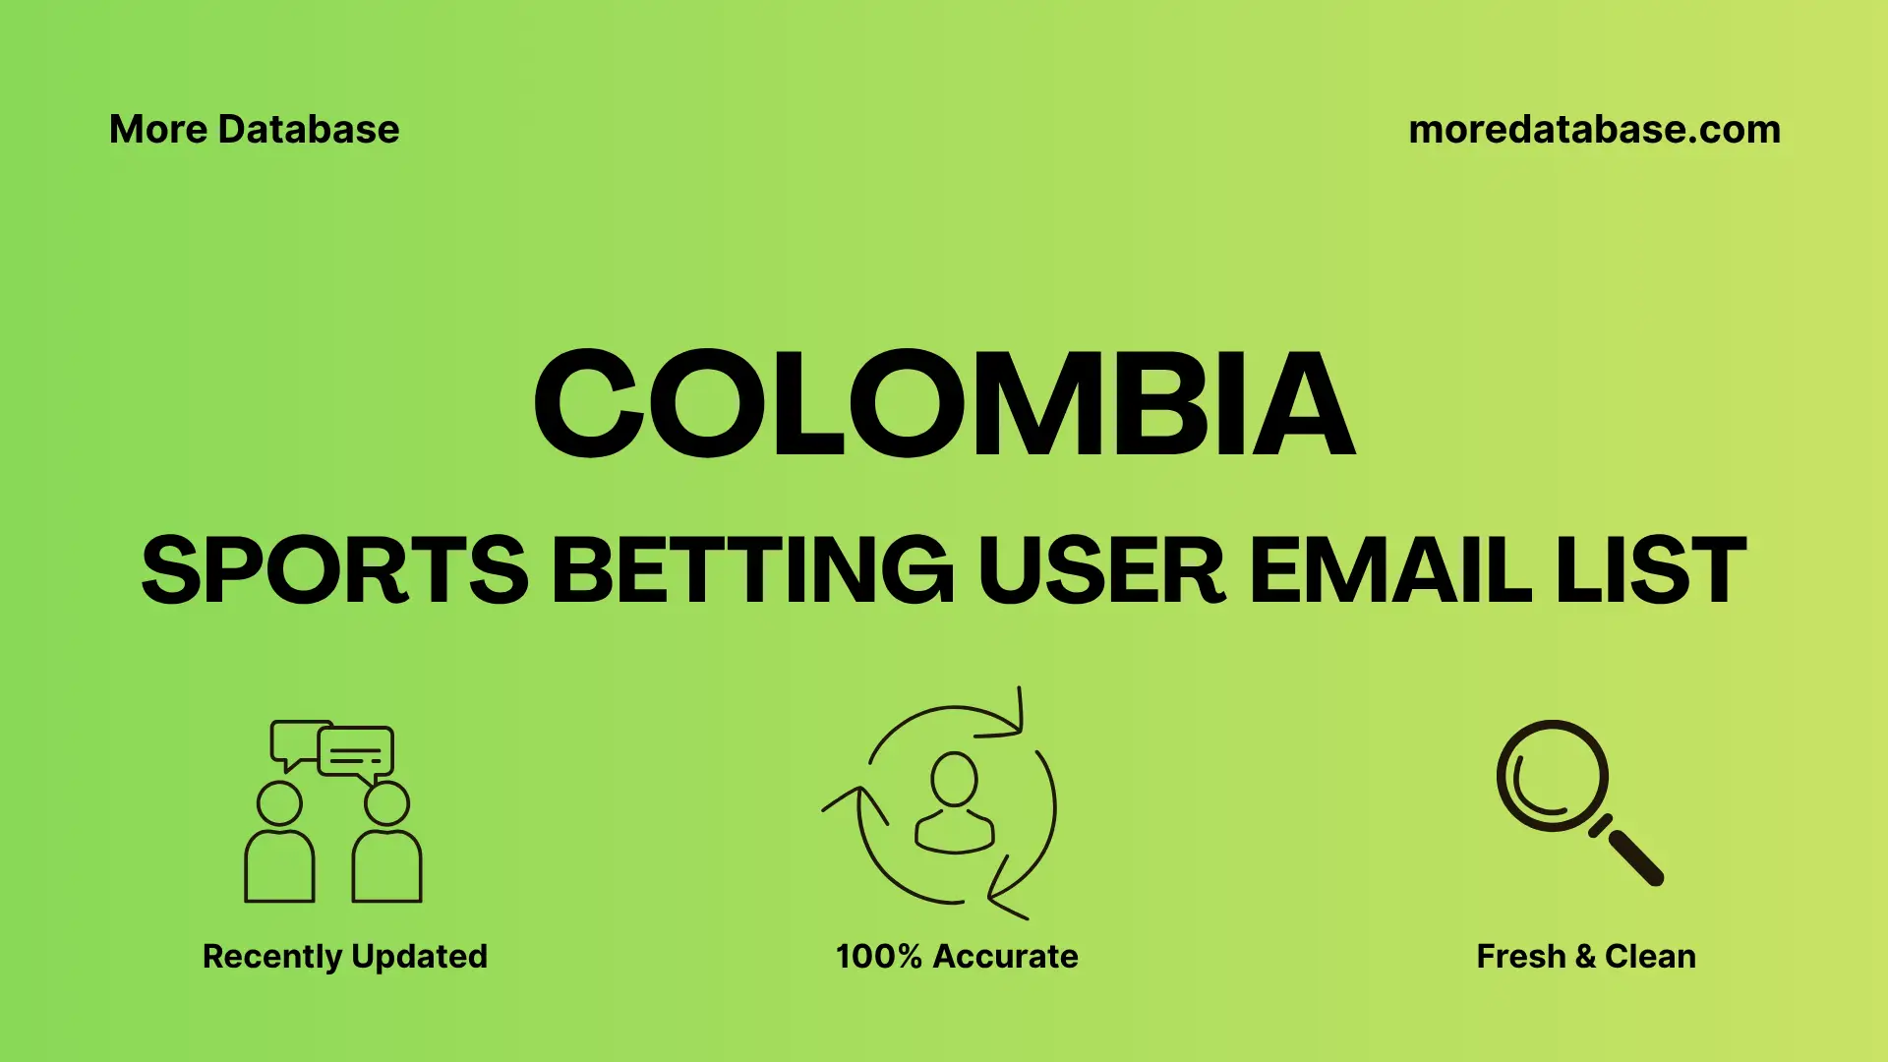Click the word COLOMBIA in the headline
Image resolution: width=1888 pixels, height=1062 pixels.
(944, 404)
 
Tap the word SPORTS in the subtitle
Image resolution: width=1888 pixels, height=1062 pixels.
(334, 570)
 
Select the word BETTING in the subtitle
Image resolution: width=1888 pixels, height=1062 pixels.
(752, 570)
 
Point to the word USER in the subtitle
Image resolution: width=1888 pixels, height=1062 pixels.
(1101, 570)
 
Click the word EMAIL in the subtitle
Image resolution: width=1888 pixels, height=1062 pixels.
(1389, 570)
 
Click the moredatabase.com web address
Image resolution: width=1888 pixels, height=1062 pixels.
(1594, 130)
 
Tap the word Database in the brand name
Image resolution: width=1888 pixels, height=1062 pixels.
(309, 130)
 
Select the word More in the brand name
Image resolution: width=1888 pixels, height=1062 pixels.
(157, 130)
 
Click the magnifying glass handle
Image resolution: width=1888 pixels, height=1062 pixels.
(1633, 855)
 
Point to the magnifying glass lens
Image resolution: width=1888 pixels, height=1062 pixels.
(1552, 776)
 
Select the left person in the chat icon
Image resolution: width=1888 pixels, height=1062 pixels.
(279, 846)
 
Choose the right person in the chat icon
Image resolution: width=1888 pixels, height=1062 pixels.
(386, 846)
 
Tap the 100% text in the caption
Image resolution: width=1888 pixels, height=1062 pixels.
(878, 957)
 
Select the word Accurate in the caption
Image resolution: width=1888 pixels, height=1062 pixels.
(1005, 957)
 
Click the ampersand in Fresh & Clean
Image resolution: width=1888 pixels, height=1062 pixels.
(1584, 957)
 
